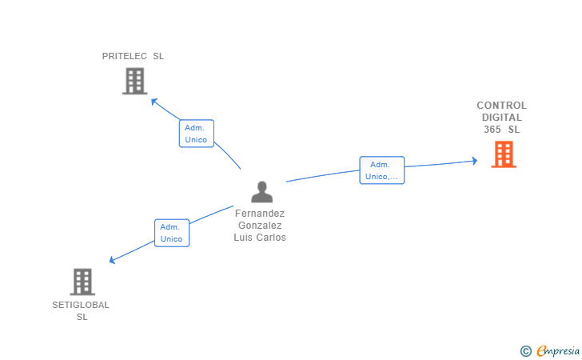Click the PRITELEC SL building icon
tap(134, 81)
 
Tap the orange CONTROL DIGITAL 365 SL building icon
tap(503, 154)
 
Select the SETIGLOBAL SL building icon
tap(82, 282)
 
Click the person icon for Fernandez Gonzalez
tap(261, 192)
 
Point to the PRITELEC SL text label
tap(133, 56)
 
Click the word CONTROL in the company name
tap(501, 106)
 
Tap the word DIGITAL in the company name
tap(502, 118)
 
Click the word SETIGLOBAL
tap(81, 305)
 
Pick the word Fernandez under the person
tap(260, 214)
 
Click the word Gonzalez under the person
tap(260, 226)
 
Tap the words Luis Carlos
tap(260, 238)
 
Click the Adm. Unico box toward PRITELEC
tap(196, 134)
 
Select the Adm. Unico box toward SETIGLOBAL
tap(172, 233)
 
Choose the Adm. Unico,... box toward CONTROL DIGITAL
tap(381, 170)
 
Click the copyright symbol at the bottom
tap(525, 350)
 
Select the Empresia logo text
tap(558, 350)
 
